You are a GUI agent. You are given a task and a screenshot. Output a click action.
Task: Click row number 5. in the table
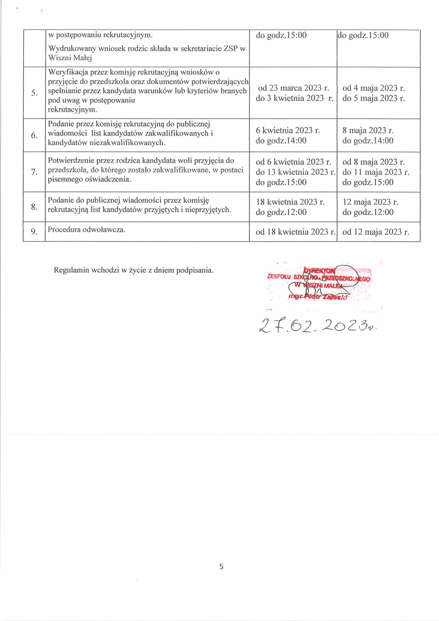point(34,93)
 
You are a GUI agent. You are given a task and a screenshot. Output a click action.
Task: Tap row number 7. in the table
point(34,172)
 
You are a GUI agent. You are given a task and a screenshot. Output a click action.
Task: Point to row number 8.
point(34,207)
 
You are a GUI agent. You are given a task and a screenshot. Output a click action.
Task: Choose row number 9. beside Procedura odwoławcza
point(34,231)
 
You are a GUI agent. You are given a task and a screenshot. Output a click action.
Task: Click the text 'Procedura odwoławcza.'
point(87,230)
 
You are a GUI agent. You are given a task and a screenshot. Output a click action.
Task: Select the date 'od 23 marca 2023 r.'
point(293,88)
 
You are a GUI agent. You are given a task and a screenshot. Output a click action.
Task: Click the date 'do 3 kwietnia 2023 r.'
point(294,98)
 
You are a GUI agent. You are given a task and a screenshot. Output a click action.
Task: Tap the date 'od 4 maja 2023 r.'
point(374,88)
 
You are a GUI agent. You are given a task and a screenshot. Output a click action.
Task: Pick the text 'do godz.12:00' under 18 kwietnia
point(281,212)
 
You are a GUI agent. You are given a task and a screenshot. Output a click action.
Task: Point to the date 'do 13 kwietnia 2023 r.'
point(295,172)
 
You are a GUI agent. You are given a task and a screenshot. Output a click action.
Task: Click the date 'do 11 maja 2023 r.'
point(376,172)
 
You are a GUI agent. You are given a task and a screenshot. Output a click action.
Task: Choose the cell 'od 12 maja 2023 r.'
point(376,232)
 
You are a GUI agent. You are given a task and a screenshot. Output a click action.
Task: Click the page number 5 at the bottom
point(221,567)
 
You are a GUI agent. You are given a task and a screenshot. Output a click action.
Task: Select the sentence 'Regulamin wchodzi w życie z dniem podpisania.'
point(134,270)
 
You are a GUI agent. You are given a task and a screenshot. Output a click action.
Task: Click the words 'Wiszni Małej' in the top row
point(70,57)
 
